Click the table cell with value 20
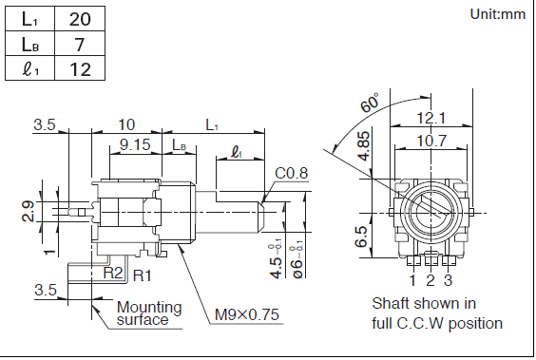pos(80,19)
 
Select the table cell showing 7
pos(80,44)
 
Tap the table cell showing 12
pos(80,68)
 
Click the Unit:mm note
pos(497,14)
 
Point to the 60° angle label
pos(370,103)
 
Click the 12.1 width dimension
pos(431,118)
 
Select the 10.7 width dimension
pos(431,141)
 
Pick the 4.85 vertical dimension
pos(363,146)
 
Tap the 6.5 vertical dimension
pos(361,236)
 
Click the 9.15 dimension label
pos(135,144)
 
